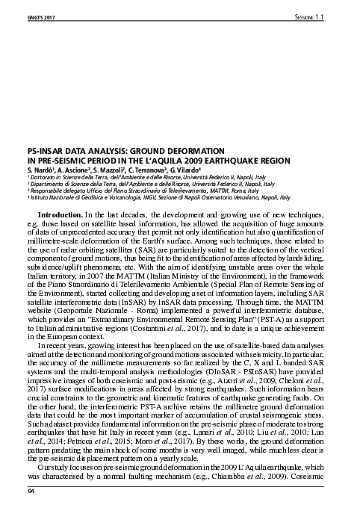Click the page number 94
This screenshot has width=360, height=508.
click(x=31, y=491)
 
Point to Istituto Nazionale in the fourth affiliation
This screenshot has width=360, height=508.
click(x=54, y=198)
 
